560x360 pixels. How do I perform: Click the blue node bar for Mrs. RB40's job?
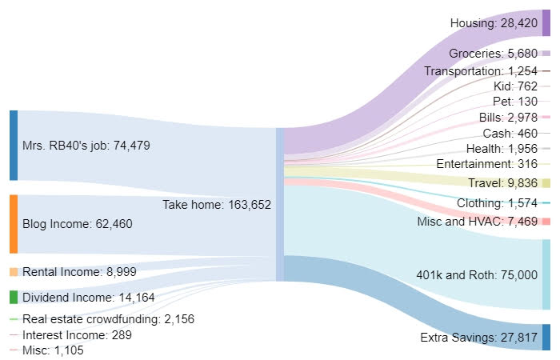(x=13, y=146)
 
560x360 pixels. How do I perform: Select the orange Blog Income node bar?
(x=13, y=224)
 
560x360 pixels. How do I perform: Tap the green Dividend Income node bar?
(x=13, y=297)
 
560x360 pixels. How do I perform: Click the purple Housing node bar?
(x=546, y=24)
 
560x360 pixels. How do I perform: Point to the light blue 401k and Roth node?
(x=546, y=274)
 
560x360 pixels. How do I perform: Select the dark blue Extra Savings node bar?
(x=546, y=338)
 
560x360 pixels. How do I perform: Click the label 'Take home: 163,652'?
(x=217, y=205)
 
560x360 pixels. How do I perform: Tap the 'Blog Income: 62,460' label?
(x=78, y=224)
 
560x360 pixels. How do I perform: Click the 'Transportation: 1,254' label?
(x=482, y=71)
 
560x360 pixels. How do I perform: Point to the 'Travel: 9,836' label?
(x=503, y=183)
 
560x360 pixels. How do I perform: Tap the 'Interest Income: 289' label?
(x=77, y=334)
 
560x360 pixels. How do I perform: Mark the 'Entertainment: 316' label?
(x=487, y=164)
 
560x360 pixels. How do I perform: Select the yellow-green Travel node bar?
(x=546, y=183)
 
